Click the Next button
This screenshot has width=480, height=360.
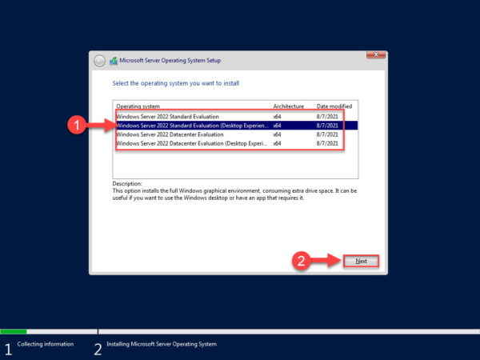click(x=361, y=261)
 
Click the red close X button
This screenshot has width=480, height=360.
click(x=375, y=55)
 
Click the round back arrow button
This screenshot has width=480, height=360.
click(x=99, y=60)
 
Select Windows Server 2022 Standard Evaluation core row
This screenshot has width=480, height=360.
click(x=167, y=116)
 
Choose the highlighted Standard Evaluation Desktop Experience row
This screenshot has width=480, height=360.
click(x=192, y=125)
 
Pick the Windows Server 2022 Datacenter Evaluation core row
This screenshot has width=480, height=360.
click(x=170, y=134)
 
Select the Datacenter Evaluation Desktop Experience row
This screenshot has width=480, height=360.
click(x=192, y=144)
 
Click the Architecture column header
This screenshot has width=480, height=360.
click(x=288, y=106)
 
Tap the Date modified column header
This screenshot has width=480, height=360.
click(x=334, y=106)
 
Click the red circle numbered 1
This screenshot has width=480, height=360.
click(x=76, y=125)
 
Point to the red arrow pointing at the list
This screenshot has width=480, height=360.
click(x=100, y=125)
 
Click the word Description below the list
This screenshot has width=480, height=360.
click(x=127, y=183)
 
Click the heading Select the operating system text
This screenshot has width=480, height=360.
click(x=175, y=83)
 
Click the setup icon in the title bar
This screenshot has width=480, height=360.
click(x=114, y=60)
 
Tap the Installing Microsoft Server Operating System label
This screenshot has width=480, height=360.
click(x=161, y=344)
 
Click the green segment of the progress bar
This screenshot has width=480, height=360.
click(x=14, y=330)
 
